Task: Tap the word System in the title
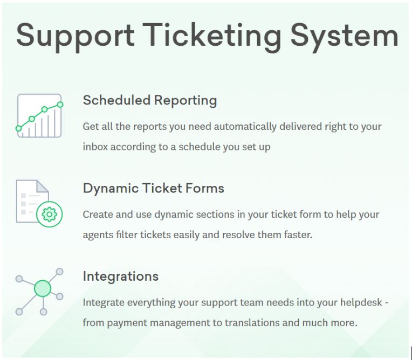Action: coord(345,36)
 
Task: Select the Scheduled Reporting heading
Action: coord(150,101)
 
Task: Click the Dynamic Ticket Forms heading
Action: coord(154,189)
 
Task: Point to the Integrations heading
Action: coord(121,276)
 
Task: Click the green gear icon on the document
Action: coord(50,214)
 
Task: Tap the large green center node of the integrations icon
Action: coord(43,288)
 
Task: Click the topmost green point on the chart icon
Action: coord(60,105)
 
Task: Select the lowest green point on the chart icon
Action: coord(19,128)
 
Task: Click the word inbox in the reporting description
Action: coord(95,147)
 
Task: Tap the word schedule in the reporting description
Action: coord(200,147)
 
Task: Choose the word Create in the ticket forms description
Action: coord(98,214)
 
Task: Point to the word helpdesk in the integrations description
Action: coord(361,302)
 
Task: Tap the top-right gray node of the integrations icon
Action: coord(60,272)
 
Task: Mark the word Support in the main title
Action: coord(75,37)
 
